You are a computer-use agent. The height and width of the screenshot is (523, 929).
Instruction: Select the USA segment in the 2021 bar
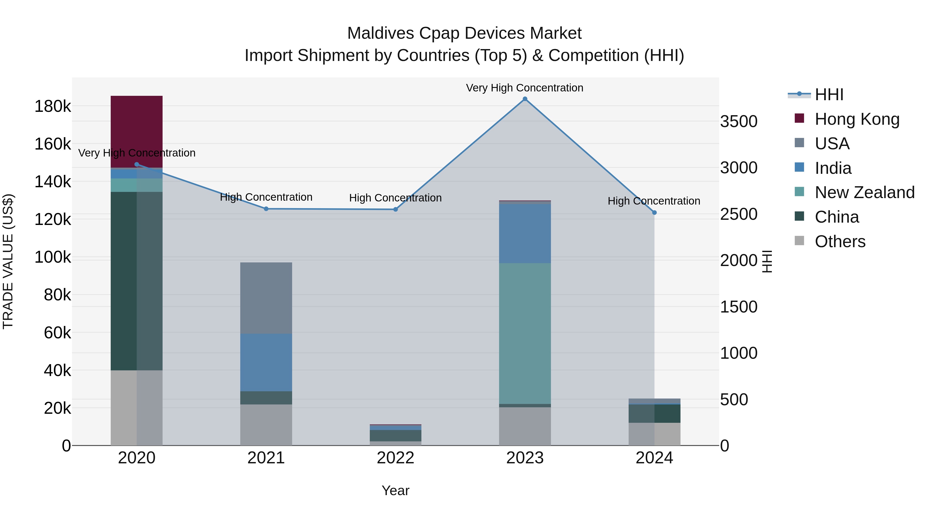coord(266,298)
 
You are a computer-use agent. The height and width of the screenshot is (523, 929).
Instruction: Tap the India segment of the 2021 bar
coord(266,362)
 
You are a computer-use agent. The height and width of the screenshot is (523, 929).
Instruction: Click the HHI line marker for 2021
coord(266,209)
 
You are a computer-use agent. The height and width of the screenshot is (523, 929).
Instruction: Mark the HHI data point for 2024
coord(654,213)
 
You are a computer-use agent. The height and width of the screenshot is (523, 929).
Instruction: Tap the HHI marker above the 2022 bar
coord(395,209)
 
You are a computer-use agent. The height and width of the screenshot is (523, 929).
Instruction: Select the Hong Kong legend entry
coord(857,119)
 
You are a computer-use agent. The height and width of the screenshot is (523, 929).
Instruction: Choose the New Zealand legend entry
coord(864,192)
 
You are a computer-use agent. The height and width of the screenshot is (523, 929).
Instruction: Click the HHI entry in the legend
coord(829,95)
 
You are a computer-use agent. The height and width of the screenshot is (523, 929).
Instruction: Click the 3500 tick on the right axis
coord(739,121)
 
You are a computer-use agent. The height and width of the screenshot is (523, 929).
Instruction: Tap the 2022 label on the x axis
coord(395,458)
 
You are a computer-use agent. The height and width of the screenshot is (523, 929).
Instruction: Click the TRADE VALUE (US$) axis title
coord(8,261)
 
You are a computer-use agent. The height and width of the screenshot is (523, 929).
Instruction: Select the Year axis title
coord(395,490)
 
